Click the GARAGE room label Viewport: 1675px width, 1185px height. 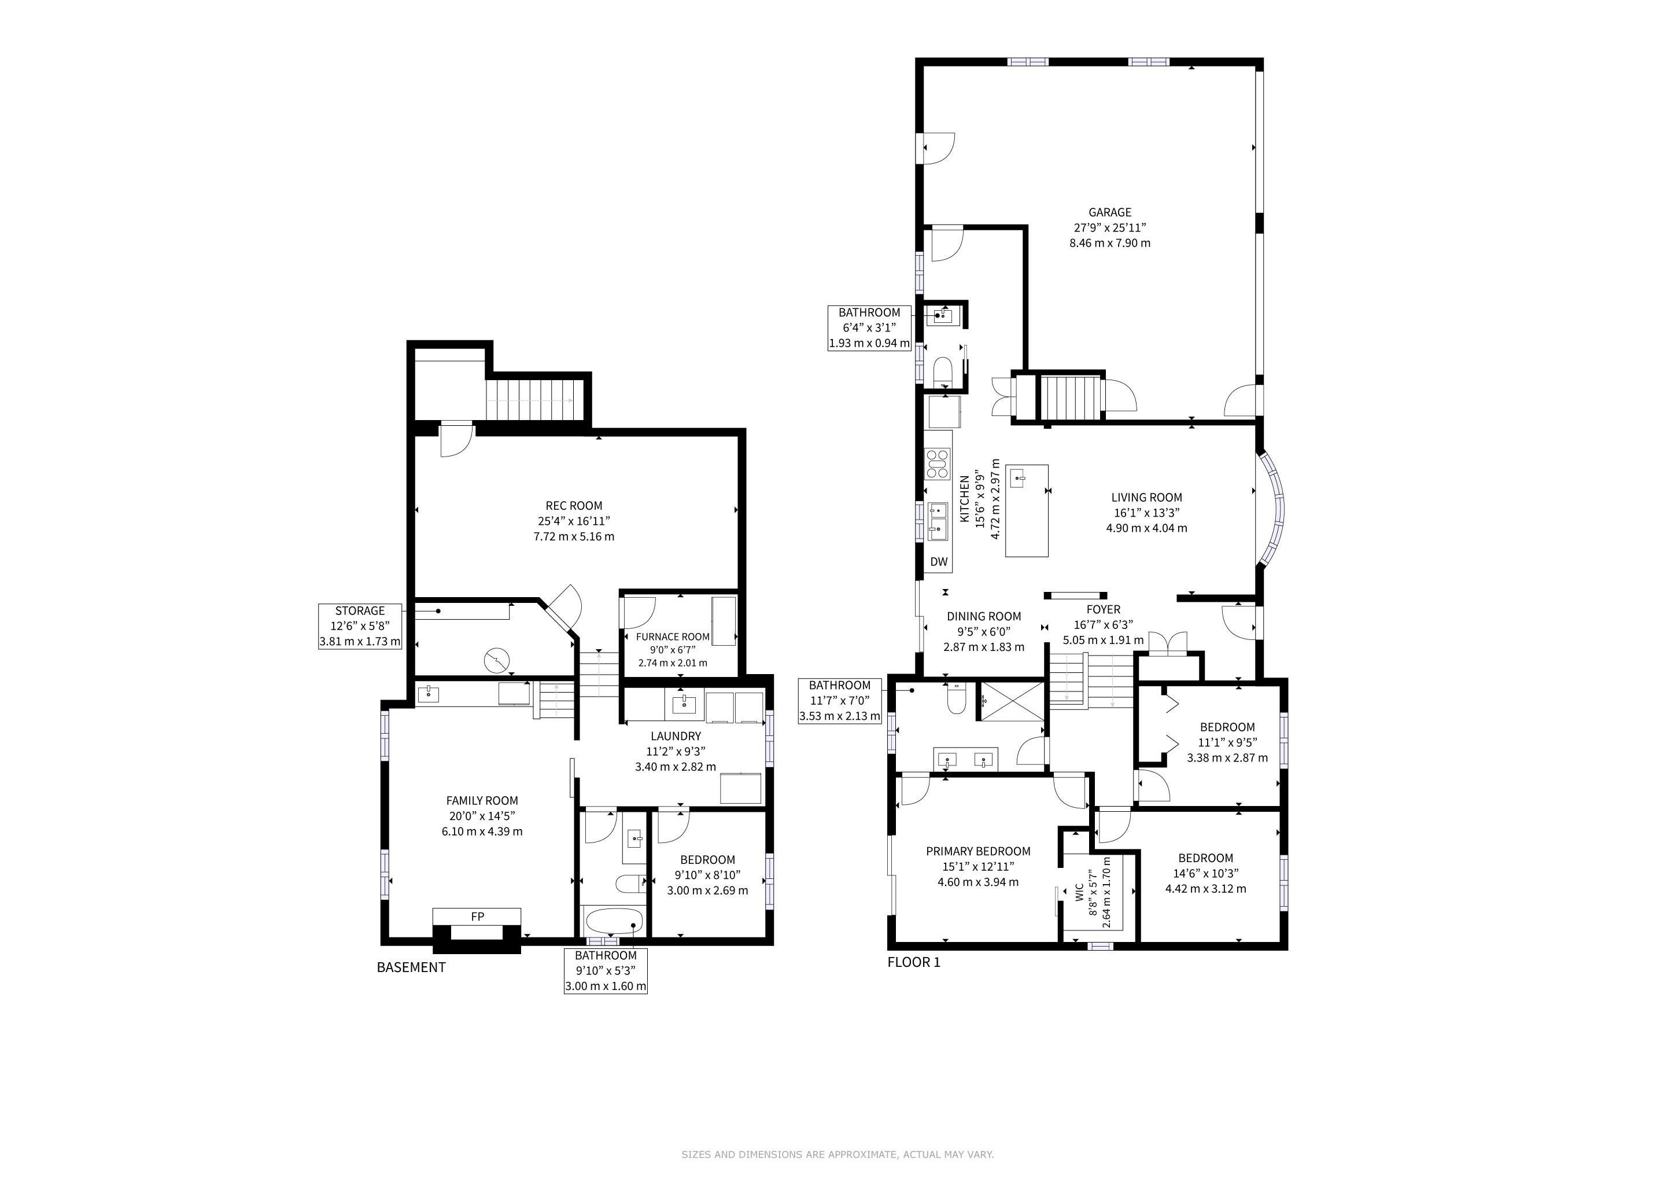[1109, 212]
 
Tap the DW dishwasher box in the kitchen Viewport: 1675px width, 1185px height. [939, 561]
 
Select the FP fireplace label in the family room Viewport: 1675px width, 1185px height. [477, 917]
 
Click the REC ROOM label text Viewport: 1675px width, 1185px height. [574, 506]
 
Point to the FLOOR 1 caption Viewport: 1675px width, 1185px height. [914, 962]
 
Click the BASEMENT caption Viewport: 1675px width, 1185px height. [411, 967]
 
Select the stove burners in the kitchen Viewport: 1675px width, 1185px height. [938, 464]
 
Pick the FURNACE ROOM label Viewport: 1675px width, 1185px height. [673, 637]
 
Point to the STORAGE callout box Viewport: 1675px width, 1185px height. [360, 626]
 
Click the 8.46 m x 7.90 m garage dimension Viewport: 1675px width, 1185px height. [1109, 243]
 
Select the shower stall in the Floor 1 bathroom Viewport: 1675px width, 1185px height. [1010, 701]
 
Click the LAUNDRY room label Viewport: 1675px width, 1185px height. [676, 736]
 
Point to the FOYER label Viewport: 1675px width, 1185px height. [1103, 609]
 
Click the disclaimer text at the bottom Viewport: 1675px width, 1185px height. [837, 1154]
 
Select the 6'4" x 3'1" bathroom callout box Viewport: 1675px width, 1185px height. [869, 327]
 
